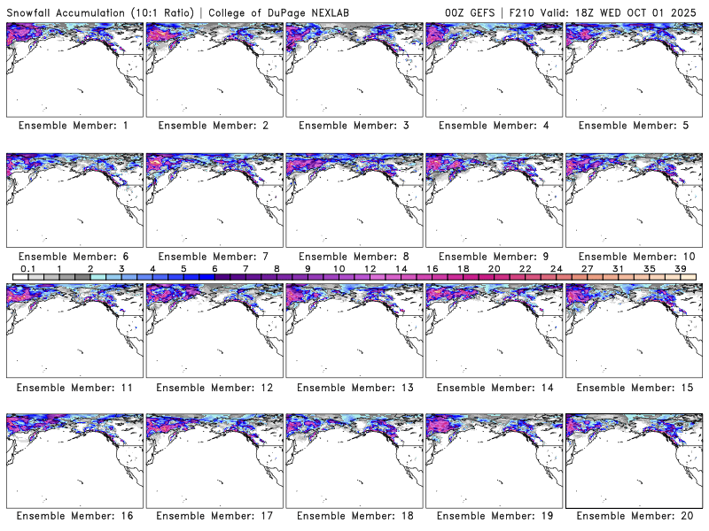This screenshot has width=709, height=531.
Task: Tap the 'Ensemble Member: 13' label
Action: click(354, 388)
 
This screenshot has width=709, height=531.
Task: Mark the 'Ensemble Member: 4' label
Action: click(494, 126)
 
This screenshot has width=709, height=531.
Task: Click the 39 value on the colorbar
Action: click(681, 268)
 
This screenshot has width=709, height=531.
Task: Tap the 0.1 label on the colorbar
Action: click(28, 268)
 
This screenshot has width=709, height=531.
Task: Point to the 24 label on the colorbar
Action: click(557, 268)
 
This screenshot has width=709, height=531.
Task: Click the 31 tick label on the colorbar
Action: click(619, 268)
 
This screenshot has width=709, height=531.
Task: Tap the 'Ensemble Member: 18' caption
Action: click(354, 515)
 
